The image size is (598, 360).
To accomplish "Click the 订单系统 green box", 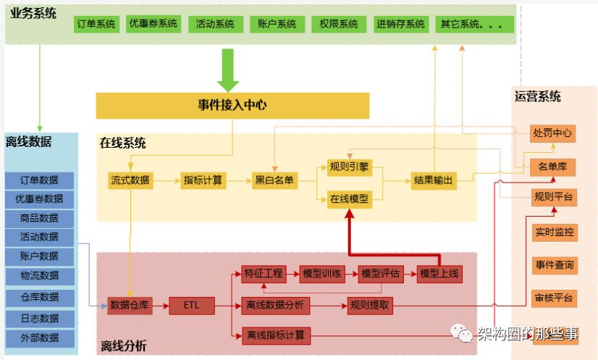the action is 96,24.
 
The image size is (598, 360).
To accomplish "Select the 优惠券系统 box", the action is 153,24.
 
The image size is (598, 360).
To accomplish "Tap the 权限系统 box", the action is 339,24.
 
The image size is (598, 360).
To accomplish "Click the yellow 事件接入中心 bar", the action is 232,105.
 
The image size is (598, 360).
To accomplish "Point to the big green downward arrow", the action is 228,70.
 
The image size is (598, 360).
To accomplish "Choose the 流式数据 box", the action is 130,180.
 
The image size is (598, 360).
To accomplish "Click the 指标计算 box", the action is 203,180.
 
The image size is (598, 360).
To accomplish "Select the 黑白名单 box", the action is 274,180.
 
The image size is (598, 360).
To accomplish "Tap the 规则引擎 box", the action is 350,167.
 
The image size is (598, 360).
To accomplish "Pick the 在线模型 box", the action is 350,199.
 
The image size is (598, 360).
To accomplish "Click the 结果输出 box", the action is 434,180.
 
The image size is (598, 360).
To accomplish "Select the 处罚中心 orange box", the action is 552,133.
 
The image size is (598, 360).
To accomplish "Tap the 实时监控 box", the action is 555,233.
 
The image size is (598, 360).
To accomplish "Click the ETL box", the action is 191,306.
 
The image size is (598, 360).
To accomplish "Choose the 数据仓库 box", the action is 130,306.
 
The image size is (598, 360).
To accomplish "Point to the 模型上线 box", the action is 439,274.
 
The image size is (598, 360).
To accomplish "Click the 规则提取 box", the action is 370,306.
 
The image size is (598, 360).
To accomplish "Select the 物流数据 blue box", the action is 40,276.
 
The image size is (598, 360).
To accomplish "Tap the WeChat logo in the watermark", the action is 461,333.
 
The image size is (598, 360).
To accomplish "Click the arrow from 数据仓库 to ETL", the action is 161,306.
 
